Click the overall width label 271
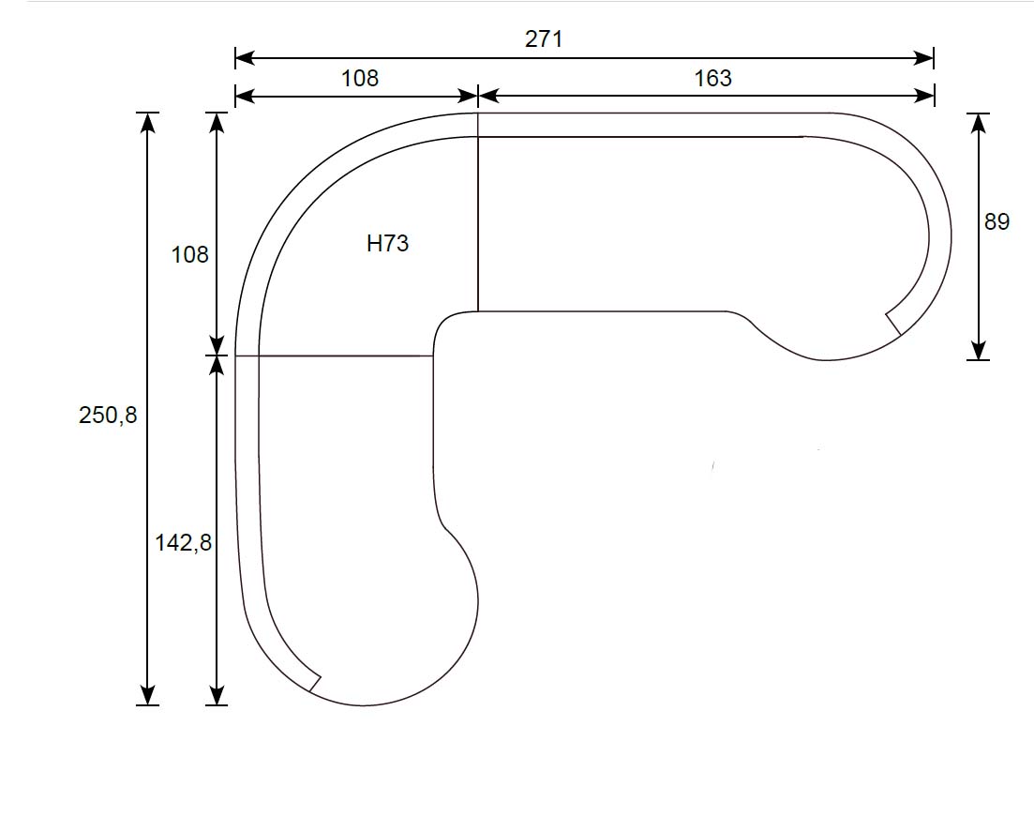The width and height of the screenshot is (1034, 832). click(x=544, y=39)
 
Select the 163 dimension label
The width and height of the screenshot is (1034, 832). click(x=712, y=79)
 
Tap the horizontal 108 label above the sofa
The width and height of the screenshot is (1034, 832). click(x=359, y=79)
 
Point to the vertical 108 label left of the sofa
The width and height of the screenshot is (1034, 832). click(x=189, y=255)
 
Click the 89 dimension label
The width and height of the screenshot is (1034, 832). click(x=997, y=221)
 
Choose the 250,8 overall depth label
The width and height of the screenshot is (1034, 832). click(x=108, y=415)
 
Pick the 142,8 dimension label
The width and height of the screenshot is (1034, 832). click(x=183, y=542)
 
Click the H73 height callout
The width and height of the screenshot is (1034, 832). click(x=388, y=244)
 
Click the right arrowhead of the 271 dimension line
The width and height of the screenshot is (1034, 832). click(x=924, y=58)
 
